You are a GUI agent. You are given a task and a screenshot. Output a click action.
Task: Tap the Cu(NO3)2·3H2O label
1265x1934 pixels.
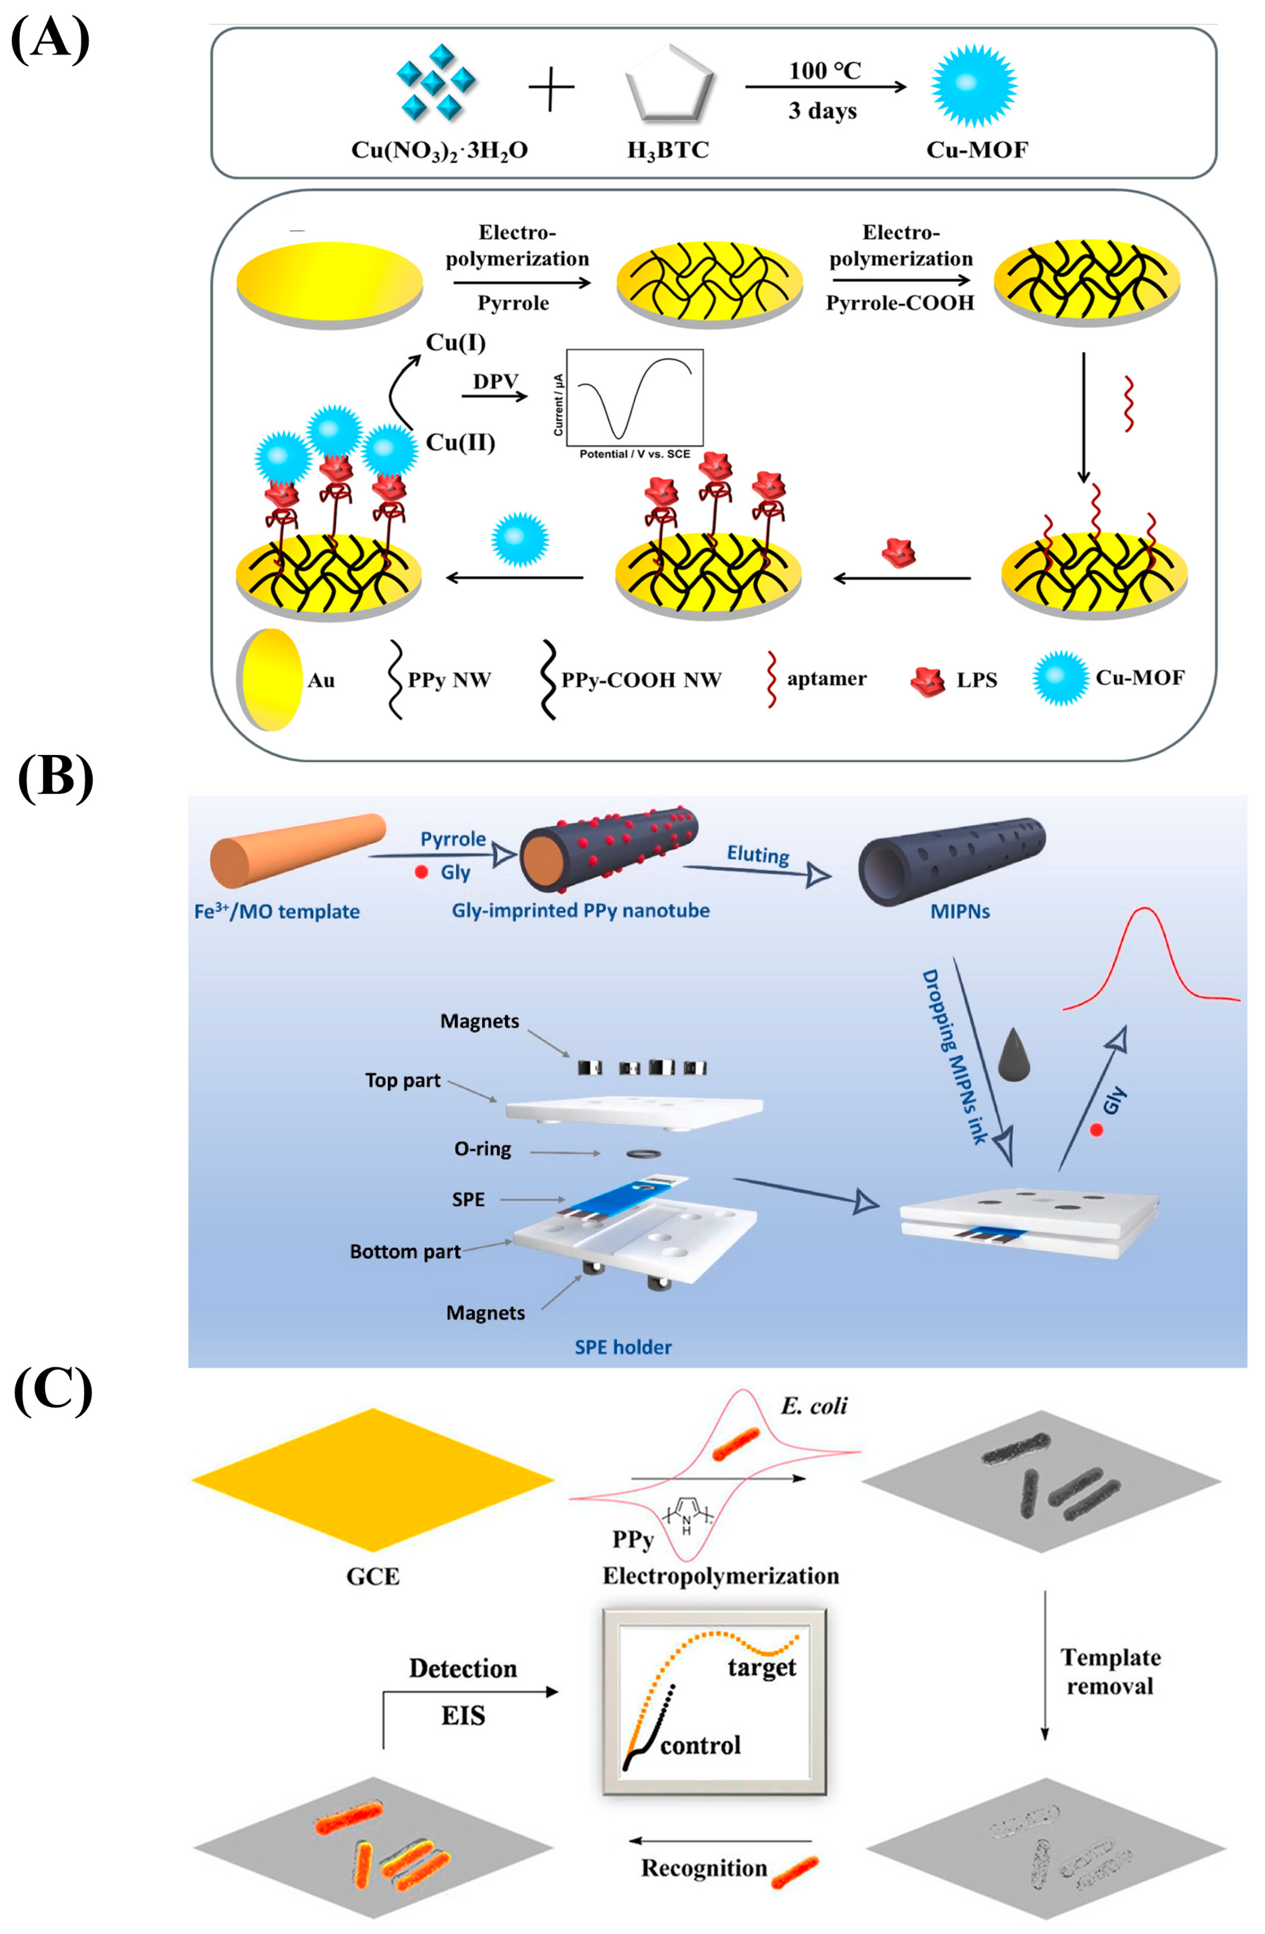coord(439,151)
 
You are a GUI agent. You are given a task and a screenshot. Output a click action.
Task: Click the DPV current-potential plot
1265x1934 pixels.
coord(634,398)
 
